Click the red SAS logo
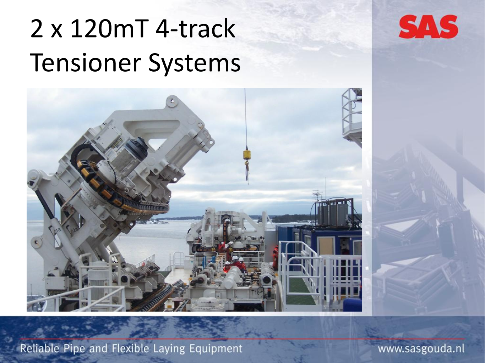coord(429,27)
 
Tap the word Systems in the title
coord(194,64)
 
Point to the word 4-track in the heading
coord(195,29)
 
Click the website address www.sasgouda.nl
coord(421,349)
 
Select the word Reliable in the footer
coord(40,349)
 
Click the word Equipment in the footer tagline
coord(216,349)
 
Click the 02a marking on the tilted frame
coord(74,230)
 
